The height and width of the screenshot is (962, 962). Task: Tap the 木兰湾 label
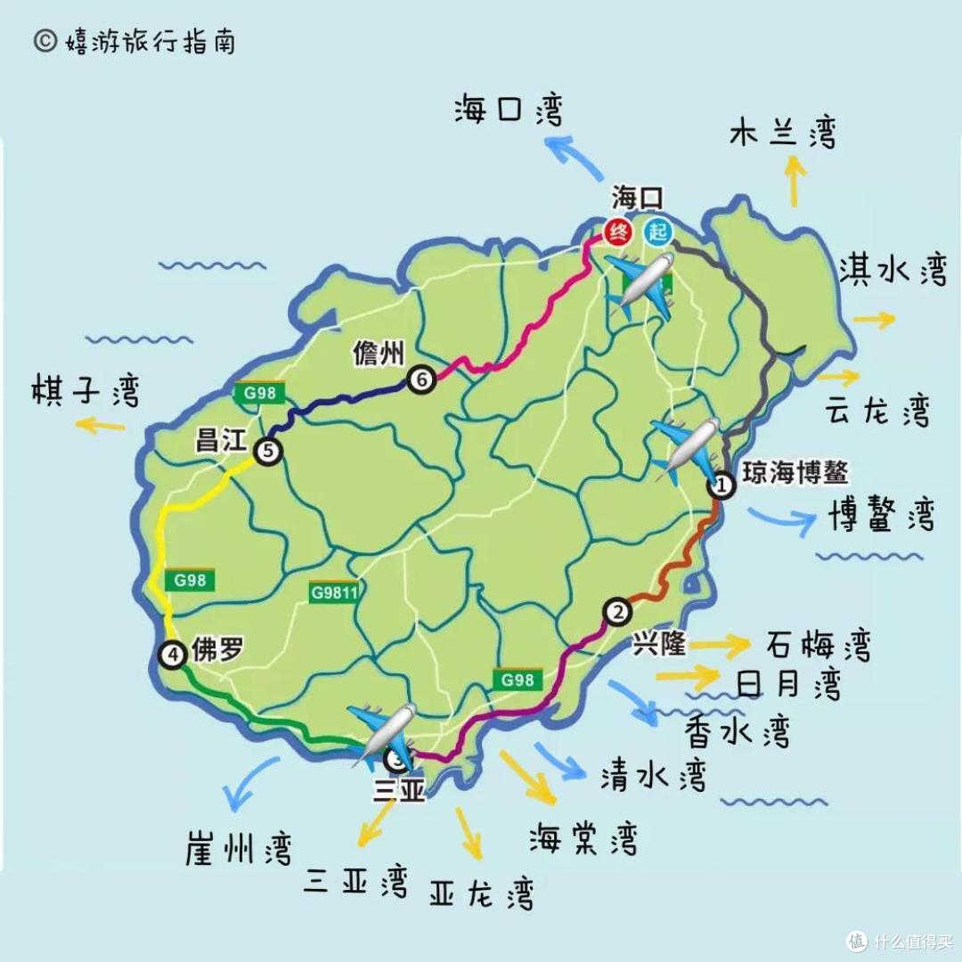click(783, 133)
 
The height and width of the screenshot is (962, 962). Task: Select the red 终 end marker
click(617, 232)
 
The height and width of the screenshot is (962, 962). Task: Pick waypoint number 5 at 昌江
click(267, 452)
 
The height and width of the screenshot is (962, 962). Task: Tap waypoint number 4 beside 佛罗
click(172, 656)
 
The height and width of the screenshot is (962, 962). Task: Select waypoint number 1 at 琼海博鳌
click(721, 486)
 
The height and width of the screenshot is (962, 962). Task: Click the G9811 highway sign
click(335, 592)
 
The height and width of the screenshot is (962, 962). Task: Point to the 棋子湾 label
click(86, 389)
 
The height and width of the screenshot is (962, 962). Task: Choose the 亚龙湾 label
click(481, 892)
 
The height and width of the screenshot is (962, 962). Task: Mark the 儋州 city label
click(379, 355)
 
